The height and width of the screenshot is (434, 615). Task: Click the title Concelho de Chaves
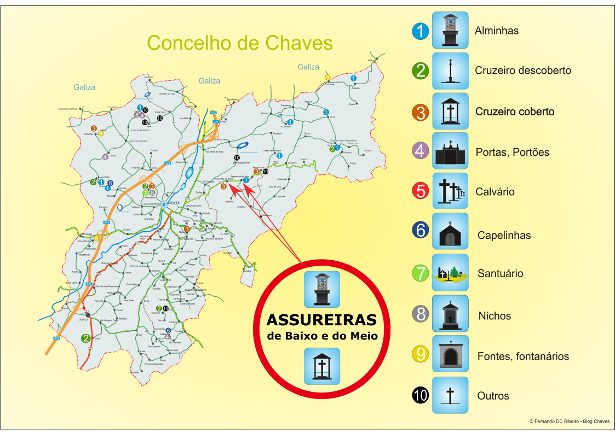coord(240,43)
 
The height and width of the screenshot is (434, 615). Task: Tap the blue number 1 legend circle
coord(420,31)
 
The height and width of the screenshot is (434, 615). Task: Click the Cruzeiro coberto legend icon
coord(450,111)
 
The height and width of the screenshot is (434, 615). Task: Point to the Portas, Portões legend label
coord(512,152)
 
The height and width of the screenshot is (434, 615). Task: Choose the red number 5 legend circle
coord(420,191)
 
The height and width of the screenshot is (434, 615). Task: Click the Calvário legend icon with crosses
coord(450,191)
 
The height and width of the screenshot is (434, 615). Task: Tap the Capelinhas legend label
coord(504,236)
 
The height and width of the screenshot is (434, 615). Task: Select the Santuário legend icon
coord(450,272)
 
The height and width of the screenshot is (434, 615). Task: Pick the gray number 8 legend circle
coord(420,314)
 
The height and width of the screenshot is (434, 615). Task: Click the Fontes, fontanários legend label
coord(523,356)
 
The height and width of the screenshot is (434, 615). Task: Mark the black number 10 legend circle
coord(420,395)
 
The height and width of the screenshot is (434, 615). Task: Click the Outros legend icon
coord(450,395)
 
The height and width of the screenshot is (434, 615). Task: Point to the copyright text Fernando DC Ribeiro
coord(570,421)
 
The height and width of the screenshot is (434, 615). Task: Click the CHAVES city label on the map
coord(174,203)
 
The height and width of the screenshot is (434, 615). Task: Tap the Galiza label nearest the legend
coord(308,67)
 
